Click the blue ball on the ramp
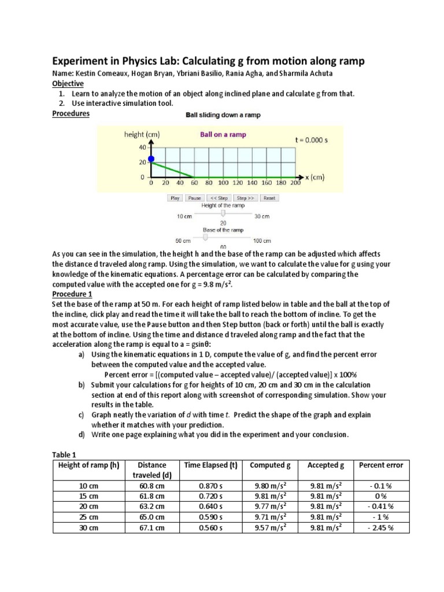point(151,159)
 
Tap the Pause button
point(195,198)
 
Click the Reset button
point(269,198)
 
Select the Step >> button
point(246,198)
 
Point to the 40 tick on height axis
point(142,147)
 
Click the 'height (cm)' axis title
point(142,135)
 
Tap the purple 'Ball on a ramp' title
point(223,135)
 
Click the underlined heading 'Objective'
point(68,84)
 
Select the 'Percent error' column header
point(381,465)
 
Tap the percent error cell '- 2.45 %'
point(381,528)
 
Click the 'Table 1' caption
point(65,455)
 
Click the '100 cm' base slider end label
point(262,240)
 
